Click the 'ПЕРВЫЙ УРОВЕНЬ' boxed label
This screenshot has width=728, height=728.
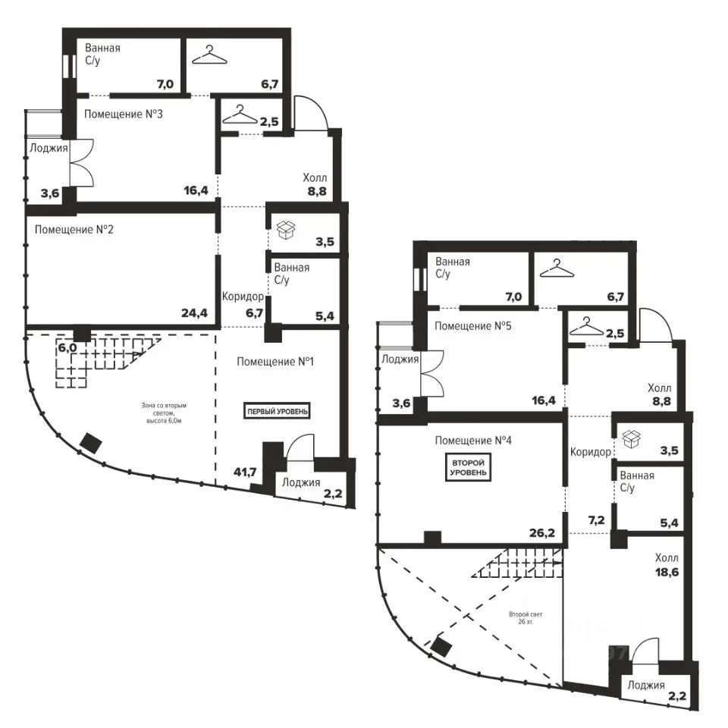point(277,411)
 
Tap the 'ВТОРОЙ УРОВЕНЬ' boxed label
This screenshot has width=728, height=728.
point(469,468)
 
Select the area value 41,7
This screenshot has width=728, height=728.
point(246,472)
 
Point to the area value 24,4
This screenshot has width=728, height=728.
point(195,313)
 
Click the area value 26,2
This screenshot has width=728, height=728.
point(542,532)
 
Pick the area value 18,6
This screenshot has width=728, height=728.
point(667,573)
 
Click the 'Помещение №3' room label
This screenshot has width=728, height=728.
point(124,115)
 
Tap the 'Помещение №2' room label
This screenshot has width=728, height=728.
point(74,229)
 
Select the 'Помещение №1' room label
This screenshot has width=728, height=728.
point(275,361)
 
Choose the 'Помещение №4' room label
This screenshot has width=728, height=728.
point(473,440)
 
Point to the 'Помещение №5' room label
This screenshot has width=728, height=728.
point(472,326)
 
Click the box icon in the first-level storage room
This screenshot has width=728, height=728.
point(286,230)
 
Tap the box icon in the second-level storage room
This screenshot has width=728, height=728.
point(631,439)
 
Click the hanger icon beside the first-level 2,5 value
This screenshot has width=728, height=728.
point(240,115)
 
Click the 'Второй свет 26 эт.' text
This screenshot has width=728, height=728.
point(526,617)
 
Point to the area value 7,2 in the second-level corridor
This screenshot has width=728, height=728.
point(597,520)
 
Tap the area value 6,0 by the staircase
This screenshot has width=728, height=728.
point(67,348)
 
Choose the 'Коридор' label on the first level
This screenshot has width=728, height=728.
point(243,297)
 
